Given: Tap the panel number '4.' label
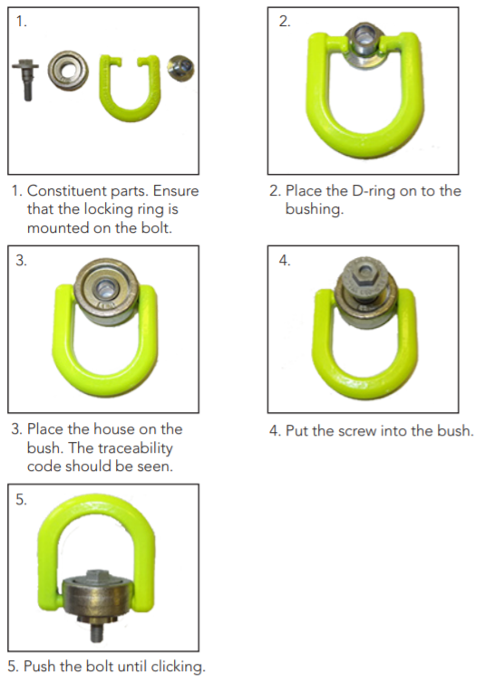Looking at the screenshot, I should [285, 261].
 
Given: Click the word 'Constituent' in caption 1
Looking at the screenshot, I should [65, 191].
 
